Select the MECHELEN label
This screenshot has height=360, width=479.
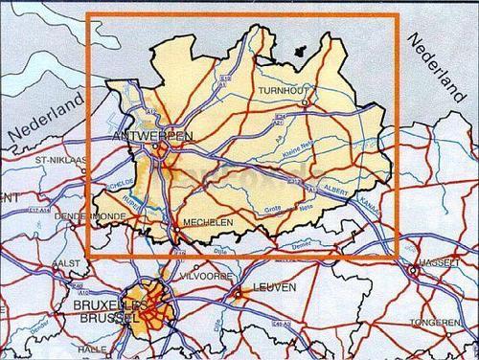(206, 222)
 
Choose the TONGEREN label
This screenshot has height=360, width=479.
(441, 323)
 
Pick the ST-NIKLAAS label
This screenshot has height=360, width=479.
(59, 160)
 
